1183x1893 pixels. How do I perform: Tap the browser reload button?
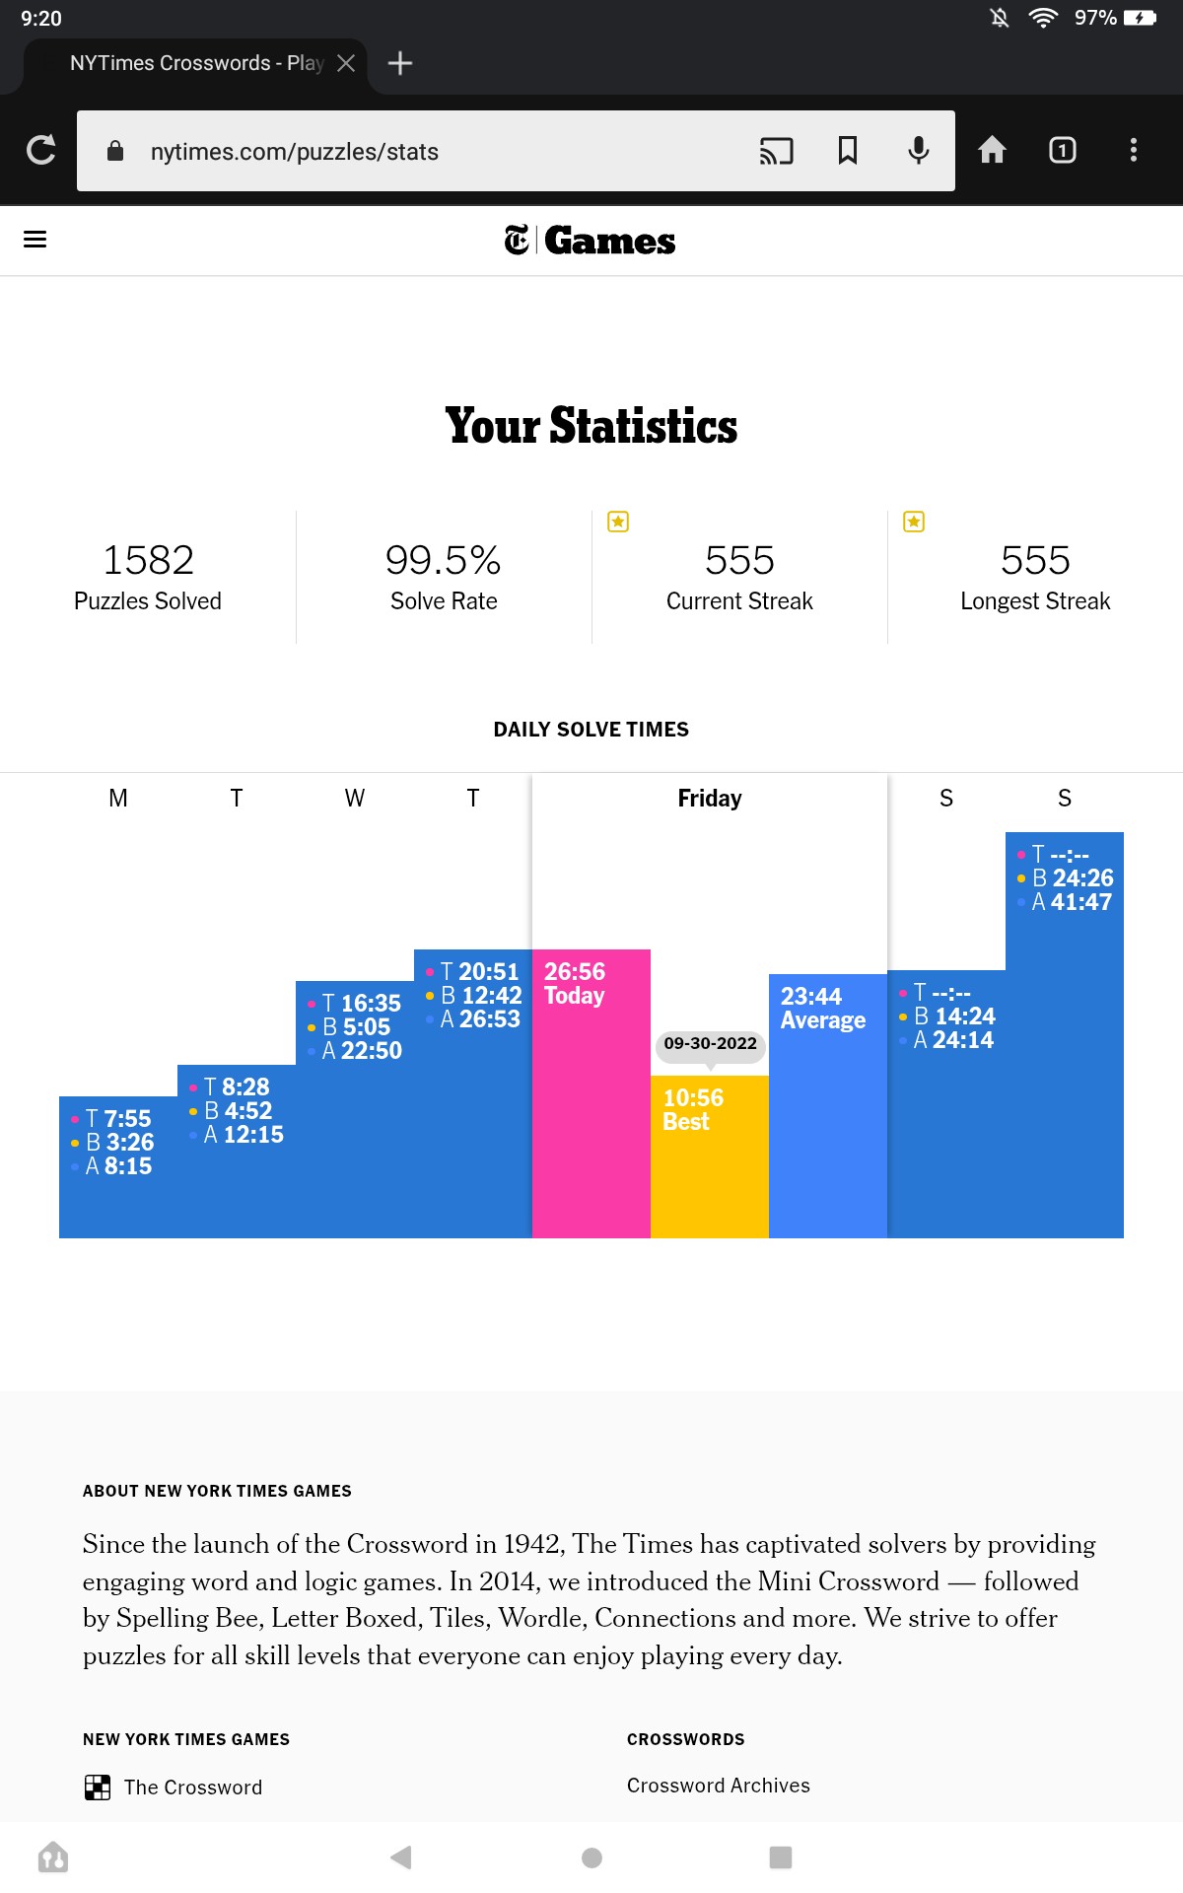[40, 150]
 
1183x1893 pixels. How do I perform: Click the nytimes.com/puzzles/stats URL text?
[295, 152]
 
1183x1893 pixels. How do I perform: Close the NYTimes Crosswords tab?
[346, 63]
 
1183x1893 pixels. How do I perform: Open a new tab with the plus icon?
[400, 63]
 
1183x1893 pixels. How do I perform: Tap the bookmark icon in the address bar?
[848, 150]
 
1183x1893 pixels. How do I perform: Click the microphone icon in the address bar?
[919, 150]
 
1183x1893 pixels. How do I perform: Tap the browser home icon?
[992, 149]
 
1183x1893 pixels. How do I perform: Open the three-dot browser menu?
[1134, 150]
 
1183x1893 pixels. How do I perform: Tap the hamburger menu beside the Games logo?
[35, 240]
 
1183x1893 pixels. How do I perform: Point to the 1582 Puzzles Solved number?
[149, 560]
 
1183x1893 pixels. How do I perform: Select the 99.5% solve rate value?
[444, 560]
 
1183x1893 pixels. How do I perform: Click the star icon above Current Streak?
[618, 522]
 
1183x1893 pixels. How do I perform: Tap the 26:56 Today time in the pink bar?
[575, 983]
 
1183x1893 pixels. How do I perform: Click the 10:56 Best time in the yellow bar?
[693, 1109]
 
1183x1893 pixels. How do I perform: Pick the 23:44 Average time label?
[823, 1008]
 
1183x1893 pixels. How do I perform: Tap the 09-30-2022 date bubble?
[710, 1044]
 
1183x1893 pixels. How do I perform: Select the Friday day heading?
[710, 798]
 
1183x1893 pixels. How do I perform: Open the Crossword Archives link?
[719, 1786]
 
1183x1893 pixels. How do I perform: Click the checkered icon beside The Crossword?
[98, 1788]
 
